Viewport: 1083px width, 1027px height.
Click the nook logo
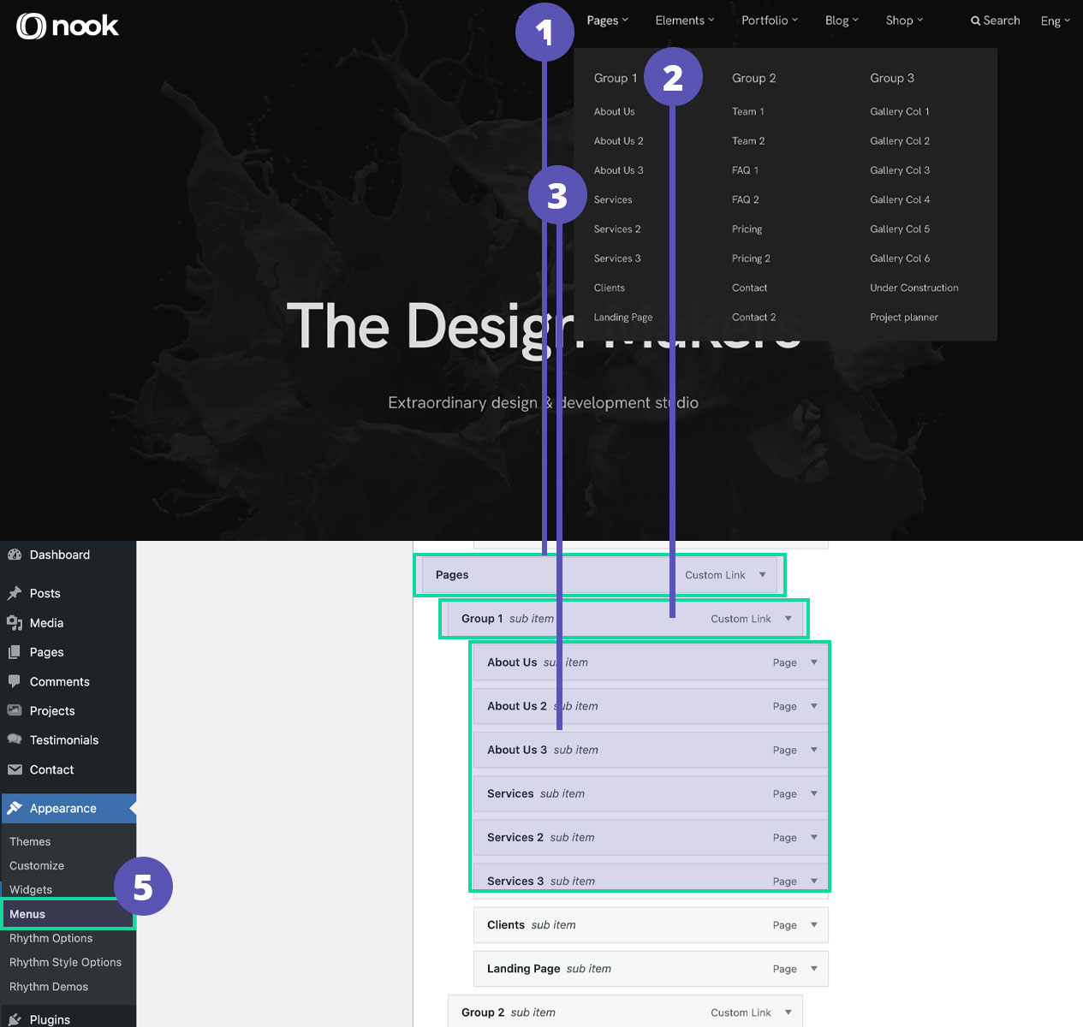pyautogui.click(x=68, y=27)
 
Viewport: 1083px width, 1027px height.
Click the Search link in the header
pyautogui.click(x=995, y=21)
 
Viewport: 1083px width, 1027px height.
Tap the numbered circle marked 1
pyautogui.click(x=544, y=33)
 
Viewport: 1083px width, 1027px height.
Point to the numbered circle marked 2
pyautogui.click(x=673, y=77)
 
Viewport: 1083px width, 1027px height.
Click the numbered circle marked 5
pyautogui.click(x=143, y=887)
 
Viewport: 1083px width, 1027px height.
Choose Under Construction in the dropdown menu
pyautogui.click(x=913, y=288)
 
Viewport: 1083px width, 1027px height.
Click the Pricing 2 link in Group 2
pyautogui.click(x=751, y=258)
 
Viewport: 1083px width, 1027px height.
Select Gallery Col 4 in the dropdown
pyautogui.click(x=899, y=199)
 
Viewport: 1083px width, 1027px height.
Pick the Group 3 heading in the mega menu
pyautogui.click(x=891, y=78)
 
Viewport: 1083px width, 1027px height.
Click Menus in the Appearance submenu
pyautogui.click(x=27, y=914)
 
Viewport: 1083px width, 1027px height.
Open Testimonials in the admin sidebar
pyautogui.click(x=63, y=740)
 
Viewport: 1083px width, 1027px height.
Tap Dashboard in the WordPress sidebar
pyautogui.click(x=59, y=555)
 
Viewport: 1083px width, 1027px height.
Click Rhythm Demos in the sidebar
pyautogui.click(x=49, y=987)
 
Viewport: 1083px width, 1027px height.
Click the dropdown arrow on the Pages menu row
pyautogui.click(x=762, y=575)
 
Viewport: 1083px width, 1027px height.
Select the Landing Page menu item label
pyautogui.click(x=523, y=969)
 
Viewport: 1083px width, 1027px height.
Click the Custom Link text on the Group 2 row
pyautogui.click(x=741, y=1012)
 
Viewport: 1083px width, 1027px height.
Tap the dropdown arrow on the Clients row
pyautogui.click(x=813, y=925)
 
